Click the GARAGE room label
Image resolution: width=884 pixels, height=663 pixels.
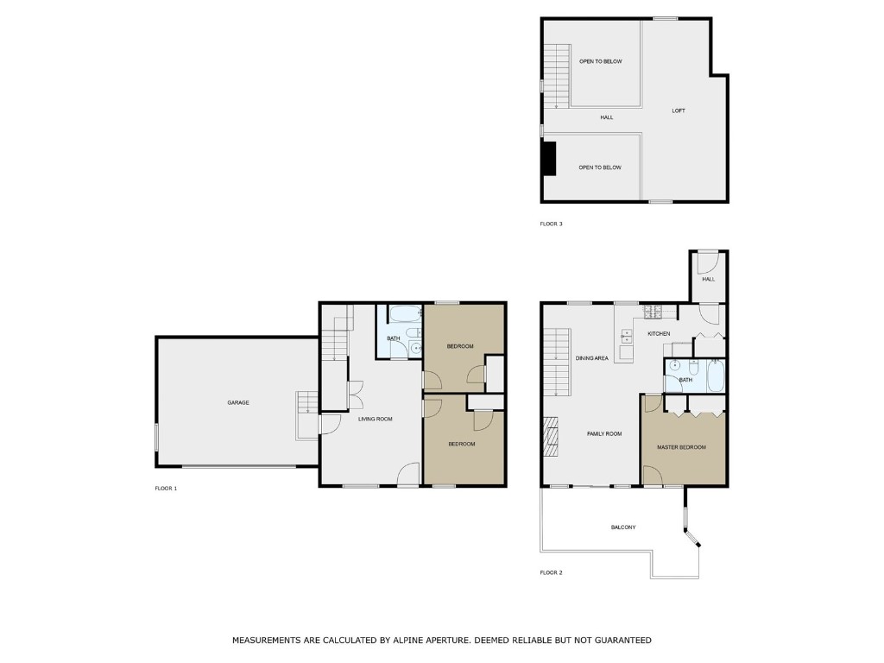[x=238, y=402]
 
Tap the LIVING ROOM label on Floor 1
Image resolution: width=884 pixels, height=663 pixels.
[x=376, y=419]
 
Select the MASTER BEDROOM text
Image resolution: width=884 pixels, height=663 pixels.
[x=681, y=447]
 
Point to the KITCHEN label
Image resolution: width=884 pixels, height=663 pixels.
[x=659, y=333]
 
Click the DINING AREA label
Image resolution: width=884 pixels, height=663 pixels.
[x=592, y=357]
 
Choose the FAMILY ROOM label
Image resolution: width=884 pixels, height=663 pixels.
[x=604, y=433]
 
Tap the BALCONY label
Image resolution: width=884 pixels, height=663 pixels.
[x=623, y=527]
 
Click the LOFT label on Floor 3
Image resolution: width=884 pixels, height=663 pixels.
[x=679, y=110]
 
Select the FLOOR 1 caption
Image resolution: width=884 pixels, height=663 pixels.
[x=166, y=489]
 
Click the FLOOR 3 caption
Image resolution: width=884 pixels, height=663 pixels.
[x=551, y=224]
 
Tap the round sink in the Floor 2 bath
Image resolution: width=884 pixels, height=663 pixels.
[x=674, y=366]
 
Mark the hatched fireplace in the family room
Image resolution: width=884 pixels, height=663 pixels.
[x=550, y=436]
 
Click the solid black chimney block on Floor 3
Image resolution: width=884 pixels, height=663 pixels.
[x=547, y=158]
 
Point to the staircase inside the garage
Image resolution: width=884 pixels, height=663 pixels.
[x=306, y=404]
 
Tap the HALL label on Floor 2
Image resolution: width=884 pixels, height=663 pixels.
[x=709, y=279]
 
